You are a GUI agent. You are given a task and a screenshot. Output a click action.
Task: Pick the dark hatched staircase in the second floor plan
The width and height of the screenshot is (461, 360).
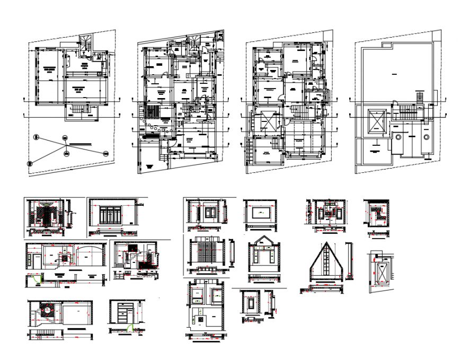[x=153, y=112]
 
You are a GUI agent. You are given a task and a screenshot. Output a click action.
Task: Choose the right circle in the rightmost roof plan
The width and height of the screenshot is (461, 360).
[x=427, y=136]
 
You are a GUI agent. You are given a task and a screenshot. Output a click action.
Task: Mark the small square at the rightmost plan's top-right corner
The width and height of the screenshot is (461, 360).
[x=437, y=34]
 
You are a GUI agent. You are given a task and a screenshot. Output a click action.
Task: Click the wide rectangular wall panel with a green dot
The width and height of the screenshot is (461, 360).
[x=260, y=212]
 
